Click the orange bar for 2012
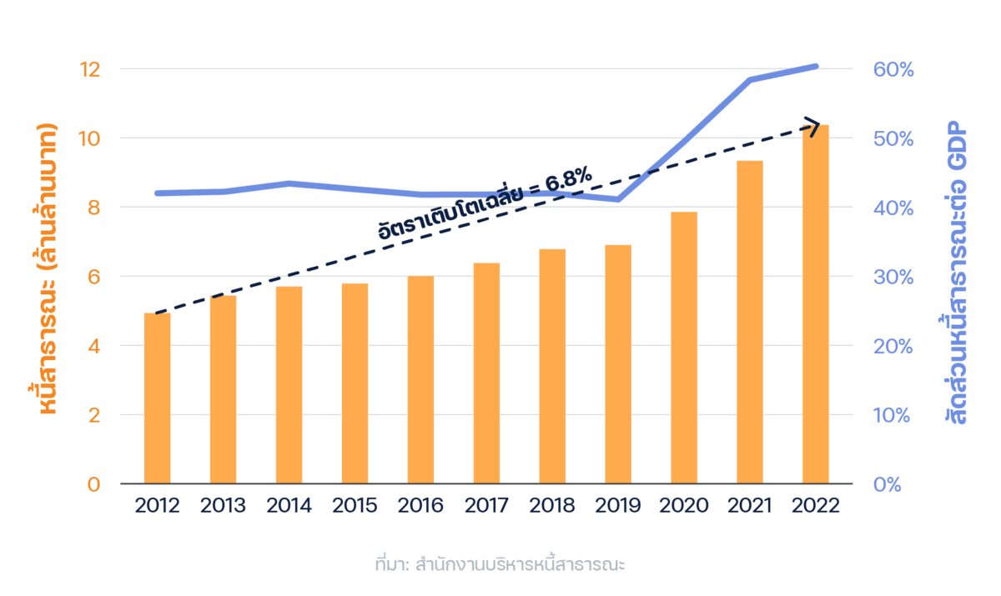pyautogui.click(x=157, y=398)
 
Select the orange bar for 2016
pyautogui.click(x=420, y=380)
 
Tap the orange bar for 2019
pyautogui.click(x=618, y=364)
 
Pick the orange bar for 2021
pyautogui.click(x=750, y=322)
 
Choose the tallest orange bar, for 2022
pyautogui.click(x=816, y=304)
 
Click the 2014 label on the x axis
pyautogui.click(x=289, y=506)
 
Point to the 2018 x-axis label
pyautogui.click(x=552, y=506)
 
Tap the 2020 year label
pyautogui.click(x=684, y=506)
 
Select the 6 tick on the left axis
pyautogui.click(x=93, y=277)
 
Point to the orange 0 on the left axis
pyautogui.click(x=93, y=484)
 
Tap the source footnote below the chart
pyautogui.click(x=500, y=564)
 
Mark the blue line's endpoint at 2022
pyautogui.click(x=816, y=66)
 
